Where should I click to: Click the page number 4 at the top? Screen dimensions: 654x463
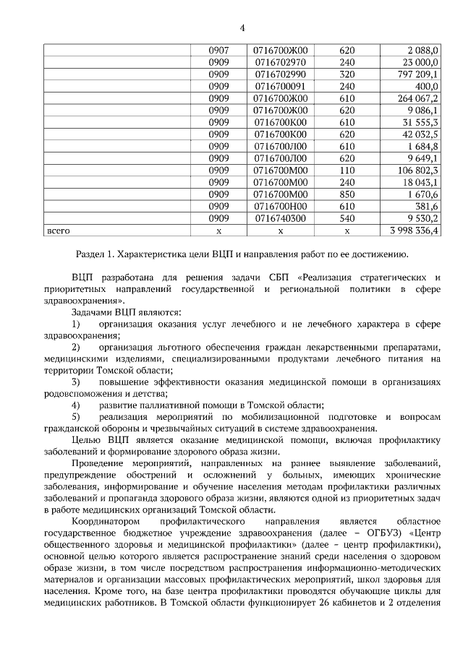pos(242,28)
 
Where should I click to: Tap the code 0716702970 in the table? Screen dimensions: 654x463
pos(280,61)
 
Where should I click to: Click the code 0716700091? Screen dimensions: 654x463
pos(280,86)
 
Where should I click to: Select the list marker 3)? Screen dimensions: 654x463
pos(76,381)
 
